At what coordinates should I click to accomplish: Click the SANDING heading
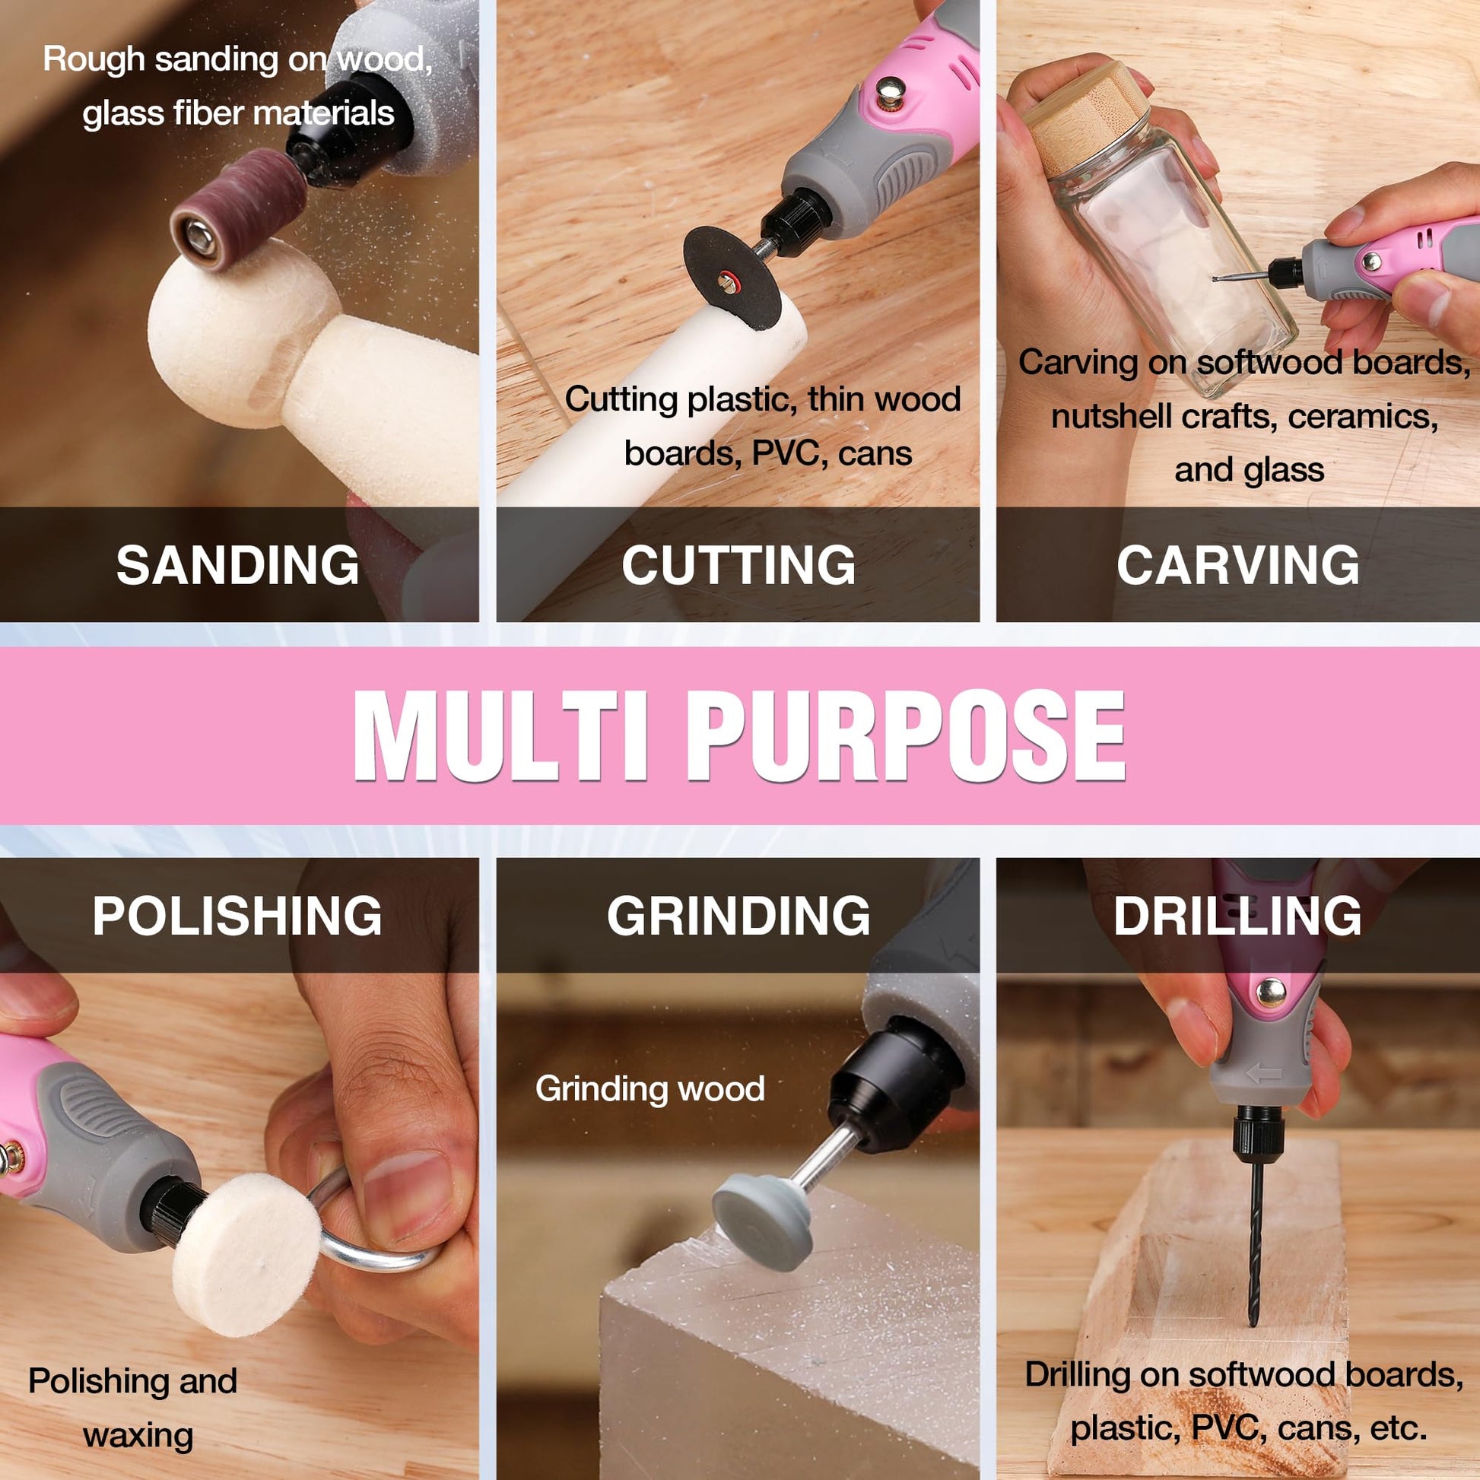click(x=237, y=565)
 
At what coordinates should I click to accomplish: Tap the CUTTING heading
click(x=738, y=565)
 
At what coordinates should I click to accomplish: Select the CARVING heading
click(x=1238, y=565)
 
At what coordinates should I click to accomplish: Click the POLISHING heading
click(x=237, y=915)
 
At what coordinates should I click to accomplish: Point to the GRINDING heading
click(x=738, y=915)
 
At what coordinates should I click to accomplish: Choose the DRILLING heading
click(x=1237, y=915)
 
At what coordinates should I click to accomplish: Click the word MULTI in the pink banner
click(x=502, y=735)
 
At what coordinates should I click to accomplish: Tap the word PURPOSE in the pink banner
click(x=906, y=735)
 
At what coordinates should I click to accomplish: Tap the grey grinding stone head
click(x=762, y=1224)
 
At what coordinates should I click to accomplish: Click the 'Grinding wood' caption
click(x=649, y=1088)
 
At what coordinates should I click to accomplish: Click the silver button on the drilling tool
click(x=1271, y=992)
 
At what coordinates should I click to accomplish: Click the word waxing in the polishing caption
click(x=138, y=1437)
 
